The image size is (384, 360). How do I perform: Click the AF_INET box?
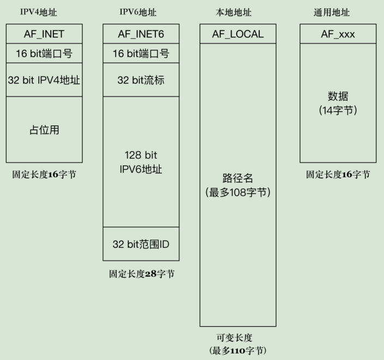coord(44,34)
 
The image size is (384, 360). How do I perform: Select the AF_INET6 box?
coord(141,34)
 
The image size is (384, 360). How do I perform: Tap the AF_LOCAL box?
coord(238,34)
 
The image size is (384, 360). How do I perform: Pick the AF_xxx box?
coord(338,34)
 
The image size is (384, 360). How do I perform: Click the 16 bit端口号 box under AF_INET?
coord(44,53)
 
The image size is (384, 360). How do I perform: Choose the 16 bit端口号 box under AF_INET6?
coord(141,53)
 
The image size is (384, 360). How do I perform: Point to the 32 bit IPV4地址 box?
coord(44,80)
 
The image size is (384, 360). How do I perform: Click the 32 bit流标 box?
coord(141,80)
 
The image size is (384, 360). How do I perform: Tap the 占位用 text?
coord(44,130)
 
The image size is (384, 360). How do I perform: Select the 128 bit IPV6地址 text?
coord(141,162)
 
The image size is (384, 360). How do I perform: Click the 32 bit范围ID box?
coord(141,244)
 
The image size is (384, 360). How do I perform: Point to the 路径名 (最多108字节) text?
coord(238,185)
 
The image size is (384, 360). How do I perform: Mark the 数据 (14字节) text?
coord(338,103)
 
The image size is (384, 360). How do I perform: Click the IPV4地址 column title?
coord(38,12)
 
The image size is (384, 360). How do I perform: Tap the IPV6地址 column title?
coord(138,12)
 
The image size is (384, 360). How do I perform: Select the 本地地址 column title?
coord(233,12)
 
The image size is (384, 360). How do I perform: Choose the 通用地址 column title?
coord(332,12)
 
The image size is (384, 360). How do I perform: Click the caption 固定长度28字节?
coord(142,274)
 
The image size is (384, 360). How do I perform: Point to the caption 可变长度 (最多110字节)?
coord(238,344)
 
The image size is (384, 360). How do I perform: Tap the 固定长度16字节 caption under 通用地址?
coord(338,175)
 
